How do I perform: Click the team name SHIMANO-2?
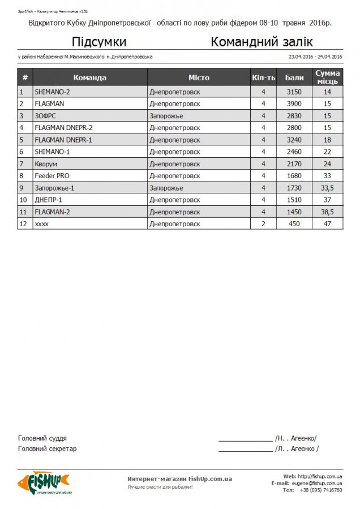pyautogui.click(x=52, y=92)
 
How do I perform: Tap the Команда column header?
pyautogui.click(x=89, y=77)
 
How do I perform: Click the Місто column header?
pyautogui.click(x=199, y=77)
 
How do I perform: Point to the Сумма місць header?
pyautogui.click(x=327, y=77)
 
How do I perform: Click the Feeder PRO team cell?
pyautogui.click(x=52, y=176)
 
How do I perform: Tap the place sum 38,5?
pyautogui.click(x=327, y=212)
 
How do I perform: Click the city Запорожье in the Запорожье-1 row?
pyautogui.click(x=166, y=188)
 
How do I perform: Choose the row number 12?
pyautogui.click(x=23, y=224)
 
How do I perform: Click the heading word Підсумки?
pyautogui.click(x=99, y=42)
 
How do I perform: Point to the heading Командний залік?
pyautogui.click(x=262, y=42)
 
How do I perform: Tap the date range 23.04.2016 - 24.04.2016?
pyautogui.click(x=315, y=57)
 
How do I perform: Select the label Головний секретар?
pyautogui.click(x=47, y=449)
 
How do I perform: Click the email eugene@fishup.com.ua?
pyautogui.click(x=317, y=484)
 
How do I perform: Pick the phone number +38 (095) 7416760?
pyautogui.click(x=320, y=490)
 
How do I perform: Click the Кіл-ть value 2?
pyautogui.click(x=263, y=224)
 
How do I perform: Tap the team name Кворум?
pyautogui.click(x=46, y=164)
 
